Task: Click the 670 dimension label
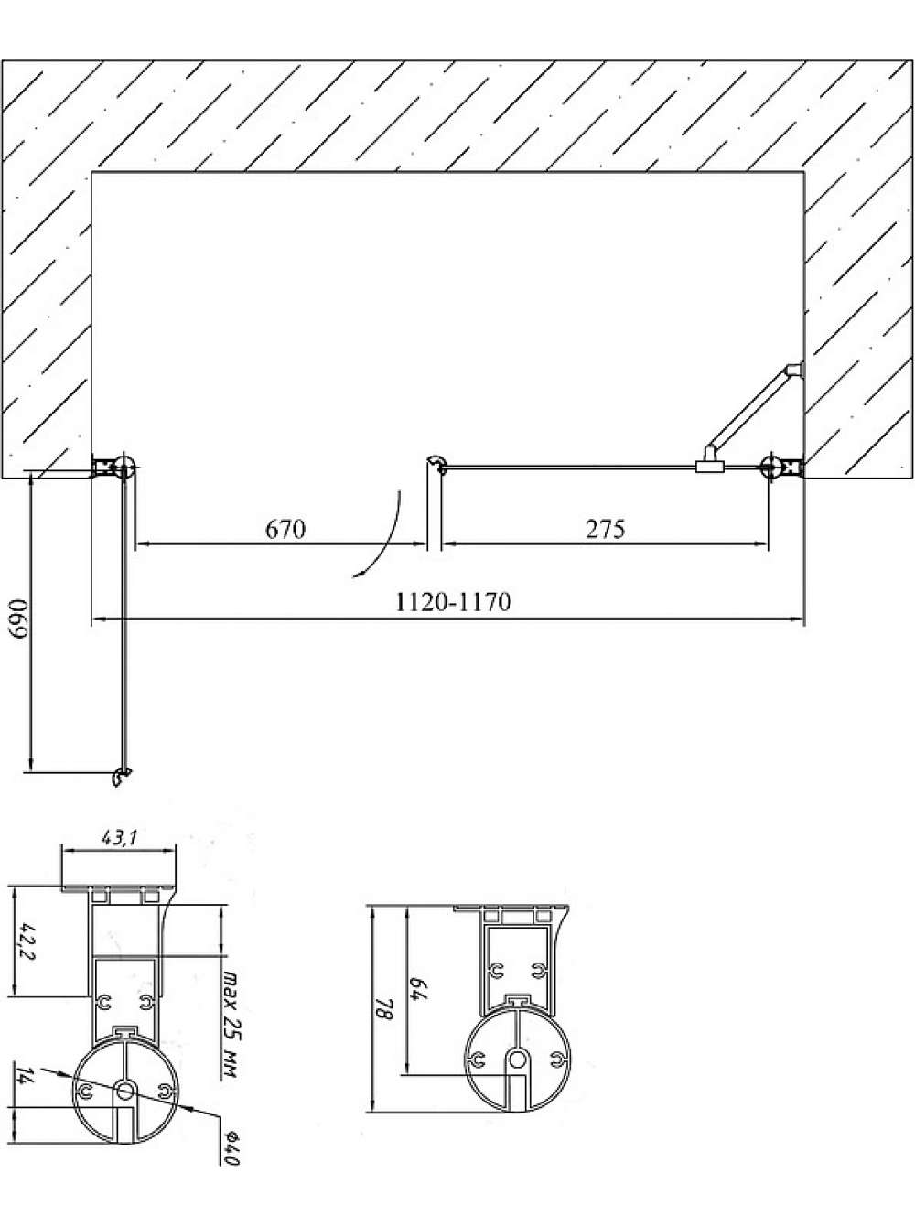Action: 285,529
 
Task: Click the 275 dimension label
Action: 605,529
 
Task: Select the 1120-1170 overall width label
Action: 453,602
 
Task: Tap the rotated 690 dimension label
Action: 19,619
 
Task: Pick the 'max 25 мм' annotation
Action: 229,1014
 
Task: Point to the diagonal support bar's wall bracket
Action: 795,371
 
